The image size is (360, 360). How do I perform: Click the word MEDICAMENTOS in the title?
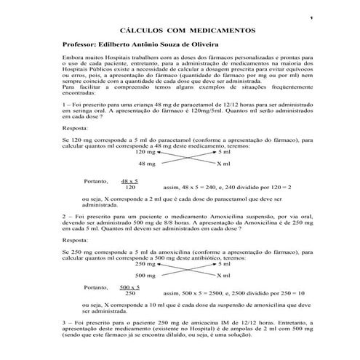tap(220, 32)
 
